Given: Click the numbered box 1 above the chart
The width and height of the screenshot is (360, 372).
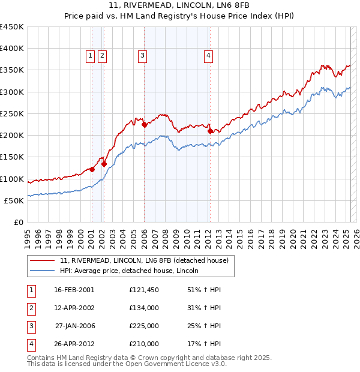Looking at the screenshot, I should (x=90, y=56).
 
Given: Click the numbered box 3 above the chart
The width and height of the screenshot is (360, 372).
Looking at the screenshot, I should (x=142, y=56).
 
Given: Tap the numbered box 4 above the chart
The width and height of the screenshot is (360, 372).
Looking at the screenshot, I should (x=208, y=56).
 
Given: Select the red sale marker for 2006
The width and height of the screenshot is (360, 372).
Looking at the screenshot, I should (x=145, y=125).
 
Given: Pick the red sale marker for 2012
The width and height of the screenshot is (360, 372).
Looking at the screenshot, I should (x=210, y=131).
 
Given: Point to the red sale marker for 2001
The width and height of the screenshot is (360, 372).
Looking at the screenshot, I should (x=92, y=169).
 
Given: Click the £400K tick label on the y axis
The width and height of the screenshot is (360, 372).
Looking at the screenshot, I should (x=12, y=49).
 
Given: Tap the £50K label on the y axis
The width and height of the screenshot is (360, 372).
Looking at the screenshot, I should (x=14, y=200).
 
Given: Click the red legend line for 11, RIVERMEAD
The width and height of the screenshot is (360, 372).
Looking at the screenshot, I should (x=43, y=261).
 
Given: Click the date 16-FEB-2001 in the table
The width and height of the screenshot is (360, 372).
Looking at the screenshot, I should (x=74, y=290).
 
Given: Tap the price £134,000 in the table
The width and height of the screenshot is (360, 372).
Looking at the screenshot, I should (x=144, y=308).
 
